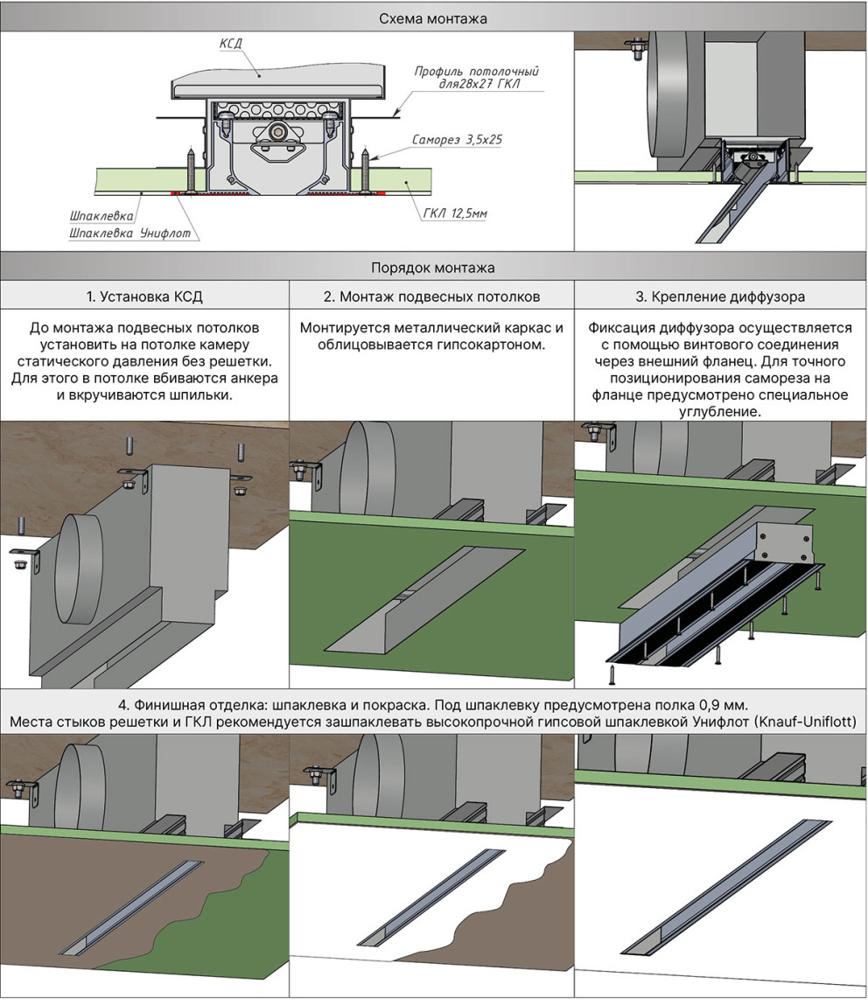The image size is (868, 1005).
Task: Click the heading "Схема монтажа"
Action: (433, 17)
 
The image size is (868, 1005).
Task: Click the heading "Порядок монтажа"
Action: (433, 268)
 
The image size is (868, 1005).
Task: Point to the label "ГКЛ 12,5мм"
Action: (450, 213)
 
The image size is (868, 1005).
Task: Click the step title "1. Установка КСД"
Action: (144, 297)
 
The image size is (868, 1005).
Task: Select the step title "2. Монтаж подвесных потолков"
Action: (431, 297)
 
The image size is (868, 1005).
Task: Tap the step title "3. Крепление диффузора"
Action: (719, 297)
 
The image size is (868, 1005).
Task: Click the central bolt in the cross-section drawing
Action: (277, 133)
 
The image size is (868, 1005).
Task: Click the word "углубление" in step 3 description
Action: (718, 411)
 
